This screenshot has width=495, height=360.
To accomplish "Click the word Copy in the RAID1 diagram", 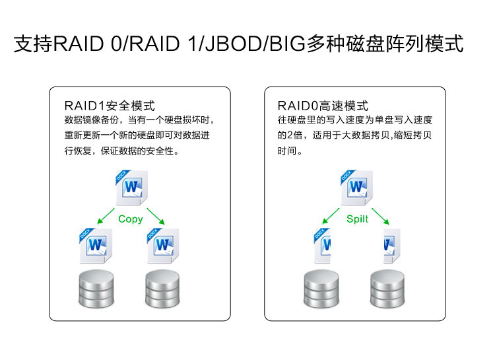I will [130, 219].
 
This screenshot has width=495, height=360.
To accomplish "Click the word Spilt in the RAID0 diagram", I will [357, 219].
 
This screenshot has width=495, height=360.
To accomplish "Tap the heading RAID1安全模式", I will [110, 106].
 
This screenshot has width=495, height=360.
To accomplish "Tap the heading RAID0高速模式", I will [323, 106].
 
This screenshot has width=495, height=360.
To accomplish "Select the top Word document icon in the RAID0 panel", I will [357, 188].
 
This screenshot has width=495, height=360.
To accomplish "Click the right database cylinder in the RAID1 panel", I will [162, 289].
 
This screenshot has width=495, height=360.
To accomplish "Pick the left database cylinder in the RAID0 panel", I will [321, 289].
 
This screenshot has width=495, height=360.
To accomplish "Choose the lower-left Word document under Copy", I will [96, 246].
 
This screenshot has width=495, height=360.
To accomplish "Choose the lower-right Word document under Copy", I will [162, 246].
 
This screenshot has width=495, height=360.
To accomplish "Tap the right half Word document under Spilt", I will [390, 246].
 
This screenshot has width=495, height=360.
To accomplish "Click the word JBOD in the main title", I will [232, 45].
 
